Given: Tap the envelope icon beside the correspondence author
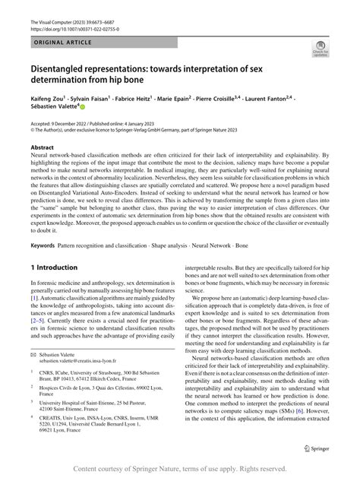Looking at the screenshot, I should coord(33,378).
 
